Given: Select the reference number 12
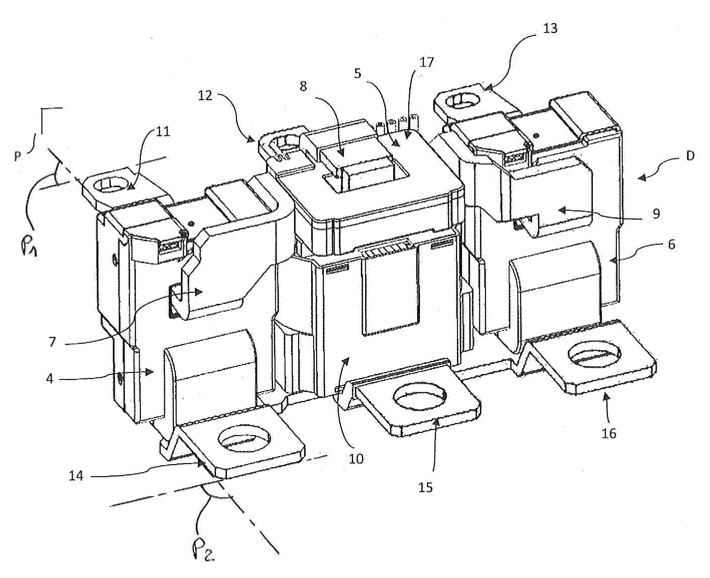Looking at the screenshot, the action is coord(205,96).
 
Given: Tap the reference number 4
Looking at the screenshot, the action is coord(50,379).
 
